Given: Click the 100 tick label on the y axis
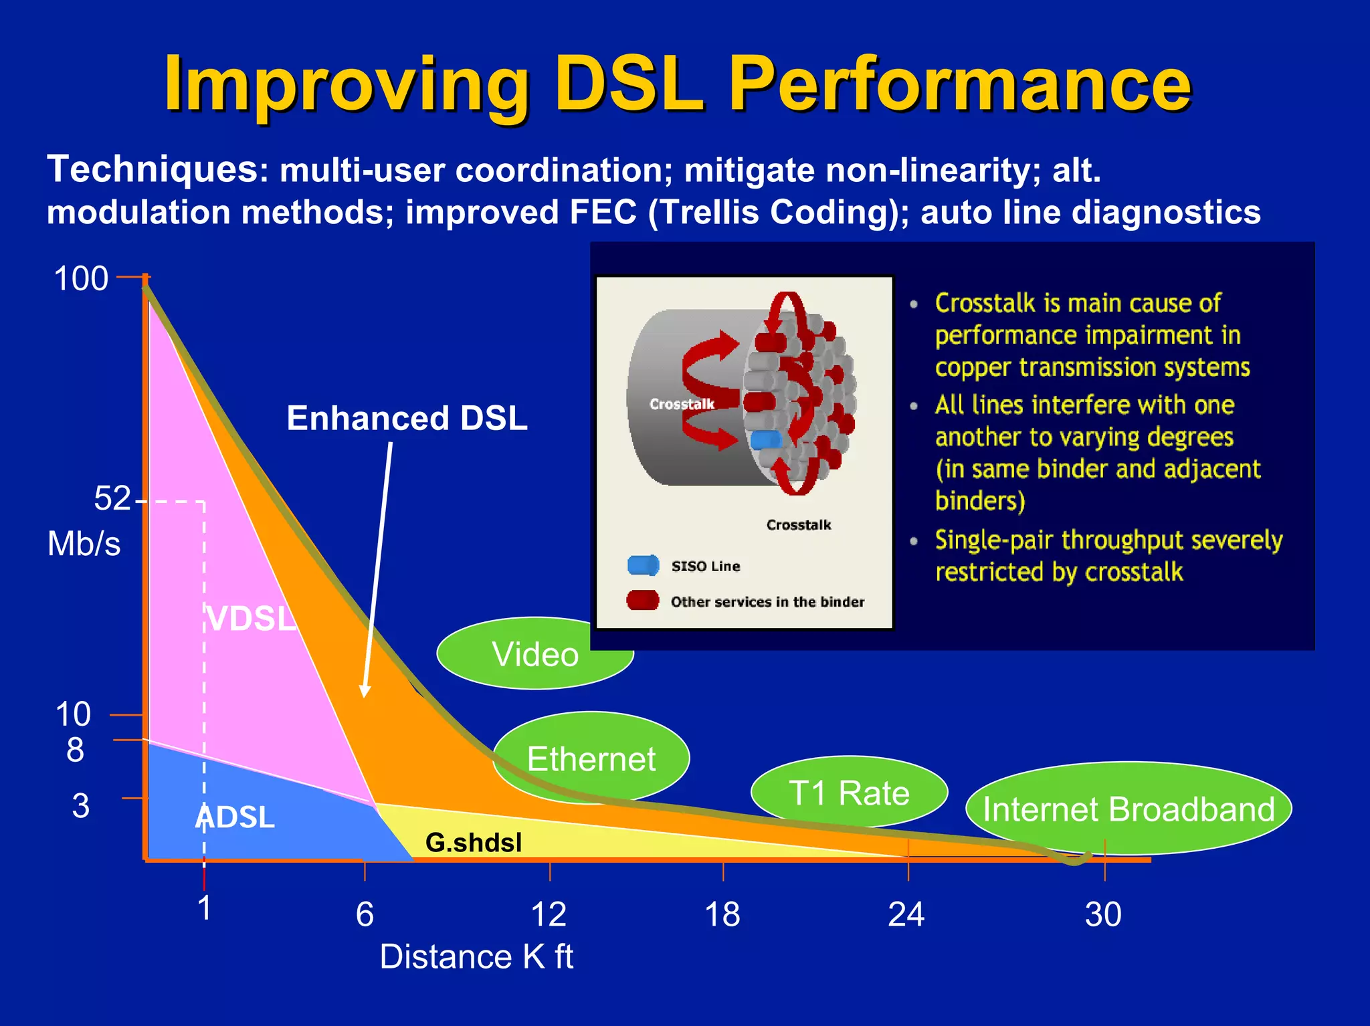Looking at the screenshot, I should (x=81, y=278).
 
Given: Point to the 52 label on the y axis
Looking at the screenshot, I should (x=112, y=499).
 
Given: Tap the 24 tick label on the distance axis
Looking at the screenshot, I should (x=906, y=914).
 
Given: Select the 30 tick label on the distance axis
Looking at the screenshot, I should (x=1103, y=914).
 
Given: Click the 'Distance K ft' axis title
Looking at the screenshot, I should (x=476, y=956).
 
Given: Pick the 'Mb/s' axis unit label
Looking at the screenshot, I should (x=84, y=544).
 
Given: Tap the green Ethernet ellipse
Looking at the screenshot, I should (x=591, y=758).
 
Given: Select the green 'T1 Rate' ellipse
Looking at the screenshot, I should (x=849, y=793).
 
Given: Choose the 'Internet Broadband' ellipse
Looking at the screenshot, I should (x=1129, y=809).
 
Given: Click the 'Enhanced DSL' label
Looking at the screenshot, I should (x=407, y=419).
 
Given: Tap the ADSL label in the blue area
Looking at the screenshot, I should (x=235, y=817).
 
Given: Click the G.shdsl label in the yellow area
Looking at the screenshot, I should (x=474, y=843).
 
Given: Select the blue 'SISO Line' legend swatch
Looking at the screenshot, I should (x=643, y=566).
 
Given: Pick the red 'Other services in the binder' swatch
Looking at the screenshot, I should (x=643, y=601).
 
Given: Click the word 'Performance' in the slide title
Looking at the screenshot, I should (x=960, y=85).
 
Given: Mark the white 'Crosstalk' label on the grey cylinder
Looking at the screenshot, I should (x=682, y=404).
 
